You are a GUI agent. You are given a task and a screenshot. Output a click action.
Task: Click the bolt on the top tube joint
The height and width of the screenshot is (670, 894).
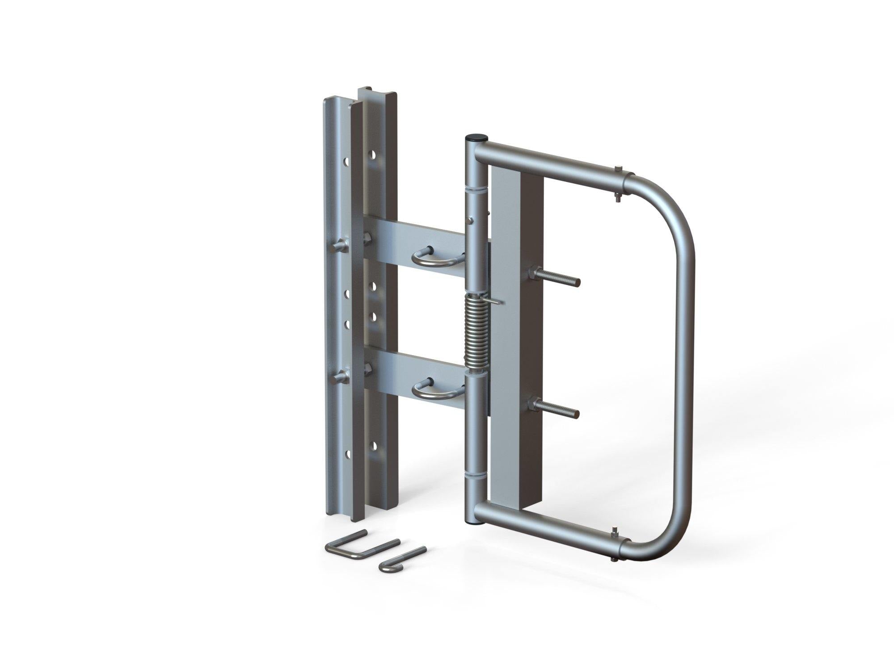tap(617, 172)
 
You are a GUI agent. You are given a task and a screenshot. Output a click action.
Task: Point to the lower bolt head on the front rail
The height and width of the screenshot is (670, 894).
tap(339, 378)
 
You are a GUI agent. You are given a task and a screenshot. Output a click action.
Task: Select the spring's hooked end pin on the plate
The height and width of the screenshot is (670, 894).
tap(496, 301)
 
